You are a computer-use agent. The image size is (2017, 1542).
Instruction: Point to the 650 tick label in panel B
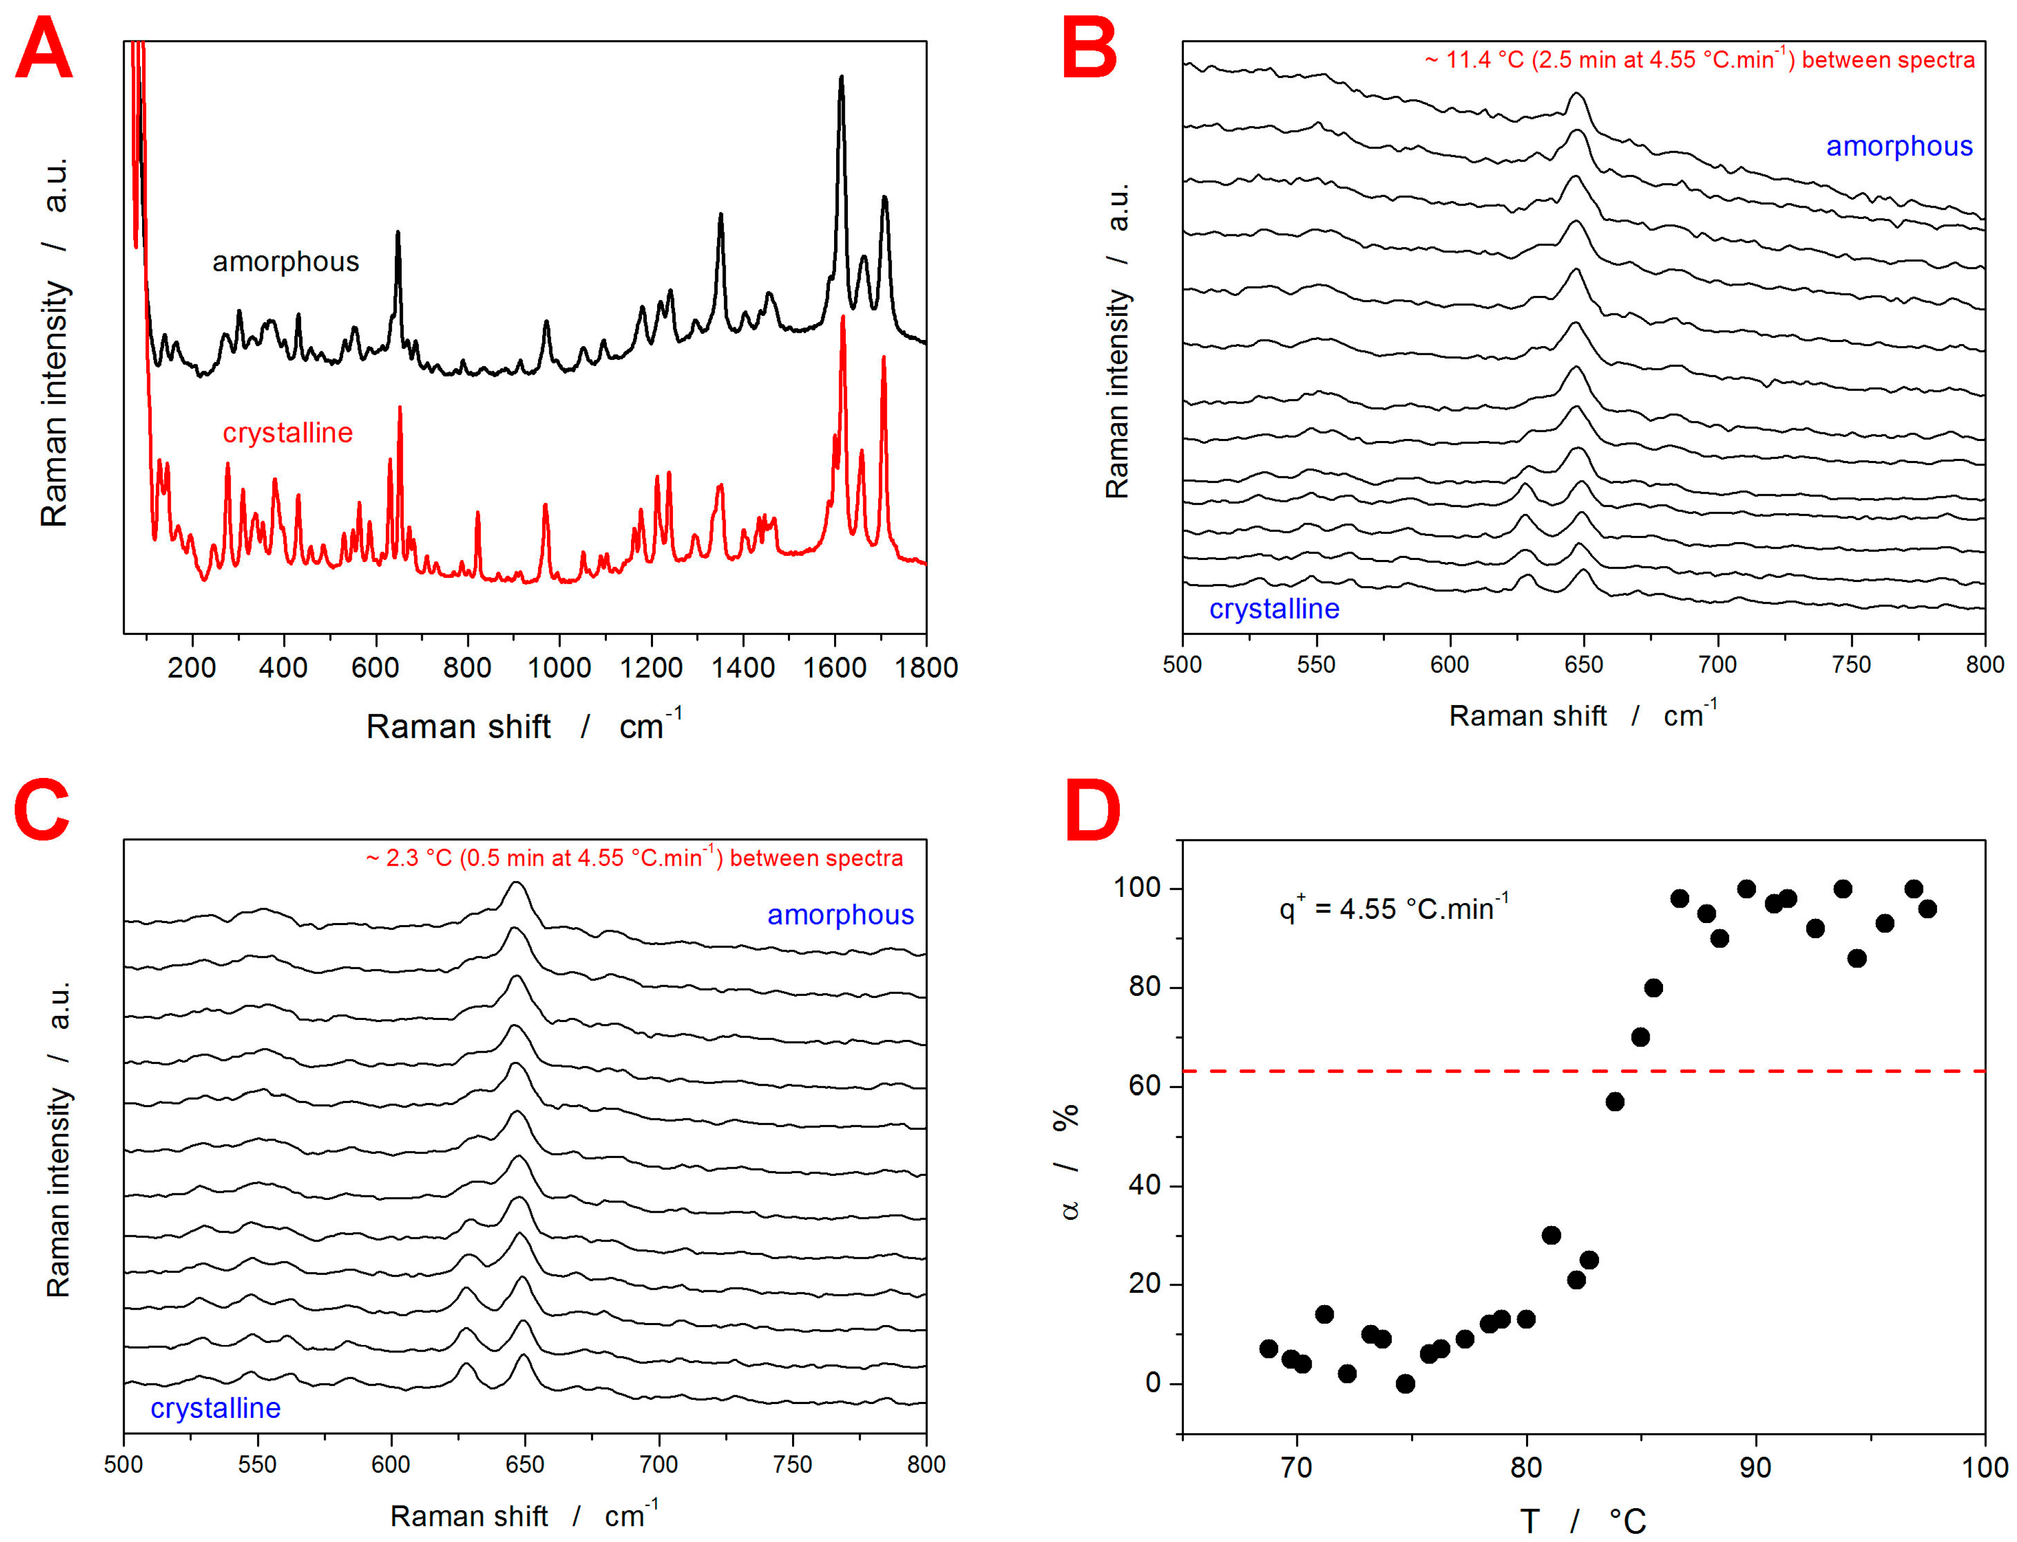click(1583, 665)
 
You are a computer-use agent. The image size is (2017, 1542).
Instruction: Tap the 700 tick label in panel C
click(658, 1464)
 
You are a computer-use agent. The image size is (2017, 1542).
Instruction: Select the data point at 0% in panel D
click(1405, 1383)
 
